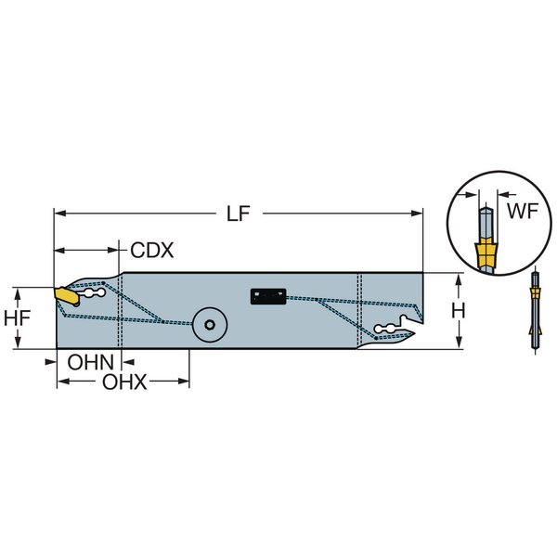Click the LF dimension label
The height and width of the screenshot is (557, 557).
click(x=239, y=214)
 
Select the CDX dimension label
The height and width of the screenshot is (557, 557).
click(x=151, y=251)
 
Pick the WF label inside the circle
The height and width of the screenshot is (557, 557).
click(x=521, y=211)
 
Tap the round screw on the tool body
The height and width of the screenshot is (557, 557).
click(x=209, y=326)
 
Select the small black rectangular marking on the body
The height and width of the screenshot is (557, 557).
click(x=267, y=297)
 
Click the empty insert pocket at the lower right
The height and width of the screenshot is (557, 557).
click(x=395, y=328)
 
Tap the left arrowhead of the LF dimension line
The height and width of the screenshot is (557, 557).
click(x=59, y=214)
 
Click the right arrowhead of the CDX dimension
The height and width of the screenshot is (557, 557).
click(x=119, y=251)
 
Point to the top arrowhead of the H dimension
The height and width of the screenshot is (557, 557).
click(x=460, y=278)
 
